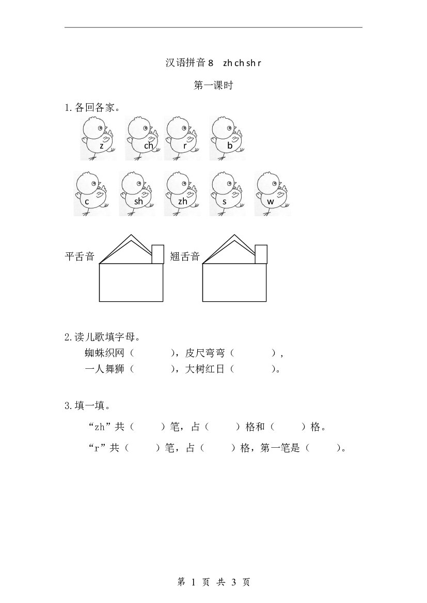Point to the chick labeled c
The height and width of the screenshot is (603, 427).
[x=91, y=194]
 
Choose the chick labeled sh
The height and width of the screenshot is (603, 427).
[x=137, y=194]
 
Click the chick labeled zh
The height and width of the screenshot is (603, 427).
[x=182, y=194]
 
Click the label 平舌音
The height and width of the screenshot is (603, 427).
[x=80, y=256]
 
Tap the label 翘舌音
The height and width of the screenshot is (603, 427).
[x=185, y=256]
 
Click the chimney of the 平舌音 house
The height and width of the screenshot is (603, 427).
[x=158, y=254]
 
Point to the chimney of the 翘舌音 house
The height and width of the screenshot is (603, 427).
[x=261, y=254]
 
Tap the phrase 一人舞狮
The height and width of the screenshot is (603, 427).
[x=105, y=369]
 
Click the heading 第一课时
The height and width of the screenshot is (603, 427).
[x=213, y=85]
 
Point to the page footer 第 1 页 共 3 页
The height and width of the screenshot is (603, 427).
[x=213, y=582]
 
